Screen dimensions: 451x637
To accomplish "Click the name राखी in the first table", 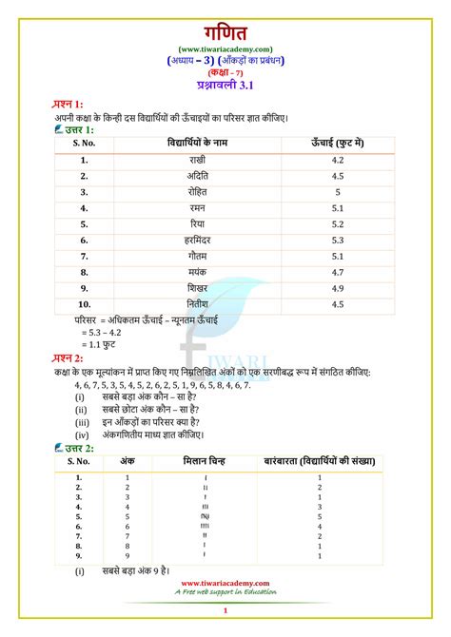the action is coord(198,161).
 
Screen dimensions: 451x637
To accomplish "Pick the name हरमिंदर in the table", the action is coord(198,241).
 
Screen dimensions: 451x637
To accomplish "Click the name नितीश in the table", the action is coord(198,304).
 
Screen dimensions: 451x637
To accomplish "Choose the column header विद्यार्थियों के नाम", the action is coord(198,143).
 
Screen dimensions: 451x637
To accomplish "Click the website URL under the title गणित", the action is coord(225,48).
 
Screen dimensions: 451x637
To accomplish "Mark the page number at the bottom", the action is coord(225,610).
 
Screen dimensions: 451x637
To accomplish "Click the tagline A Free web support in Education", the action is coord(225,591).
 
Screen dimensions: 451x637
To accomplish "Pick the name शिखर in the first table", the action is coord(198,288).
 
